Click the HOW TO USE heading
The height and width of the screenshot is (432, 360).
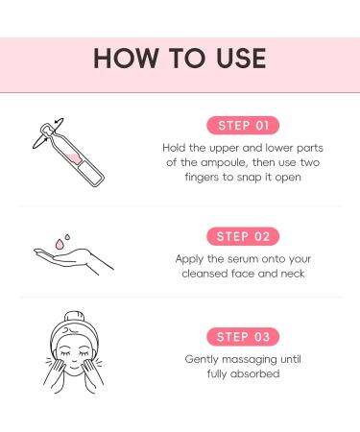(180, 57)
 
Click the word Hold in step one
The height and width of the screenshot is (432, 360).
(176, 148)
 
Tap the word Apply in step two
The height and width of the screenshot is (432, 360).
(192, 259)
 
